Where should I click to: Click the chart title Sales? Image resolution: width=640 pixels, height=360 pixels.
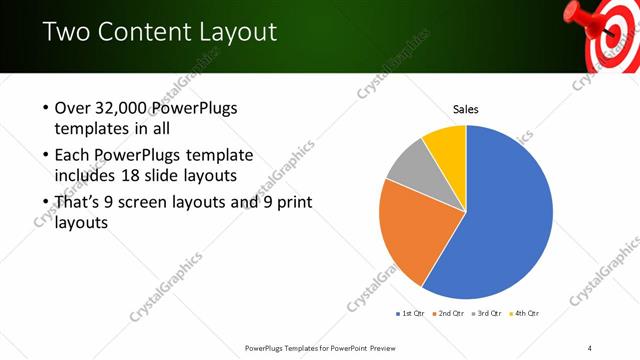click(x=466, y=109)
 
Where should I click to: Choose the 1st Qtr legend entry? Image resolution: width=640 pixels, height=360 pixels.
click(x=411, y=314)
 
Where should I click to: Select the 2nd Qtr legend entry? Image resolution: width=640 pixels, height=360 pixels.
click(x=449, y=314)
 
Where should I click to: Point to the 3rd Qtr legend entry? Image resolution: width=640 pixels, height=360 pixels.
click(x=487, y=314)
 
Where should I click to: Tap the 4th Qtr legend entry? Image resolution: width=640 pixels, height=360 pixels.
click(x=525, y=314)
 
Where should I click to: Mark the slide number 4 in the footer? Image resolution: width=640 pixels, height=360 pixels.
click(x=590, y=347)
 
